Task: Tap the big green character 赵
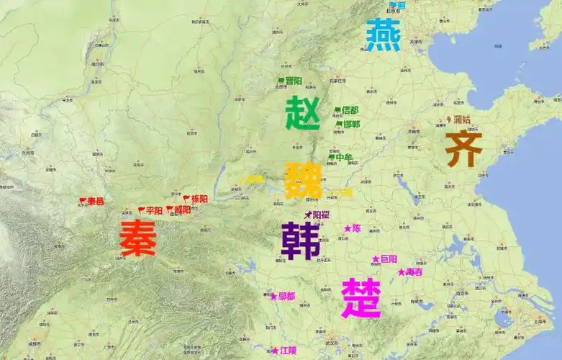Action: point(303,113)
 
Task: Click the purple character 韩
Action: point(301,240)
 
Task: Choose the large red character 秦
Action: point(137,238)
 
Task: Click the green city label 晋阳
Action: point(294,81)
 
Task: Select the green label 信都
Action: point(350,110)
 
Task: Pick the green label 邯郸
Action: point(351,124)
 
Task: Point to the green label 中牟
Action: point(344,157)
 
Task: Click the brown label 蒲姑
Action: point(461,120)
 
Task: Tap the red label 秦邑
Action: point(96,201)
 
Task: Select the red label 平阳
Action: point(154,210)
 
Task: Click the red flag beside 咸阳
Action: point(169,210)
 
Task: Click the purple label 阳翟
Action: point(320,214)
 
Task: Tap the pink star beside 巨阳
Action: point(375,258)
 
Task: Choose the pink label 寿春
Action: point(414,272)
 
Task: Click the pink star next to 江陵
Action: point(275,351)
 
